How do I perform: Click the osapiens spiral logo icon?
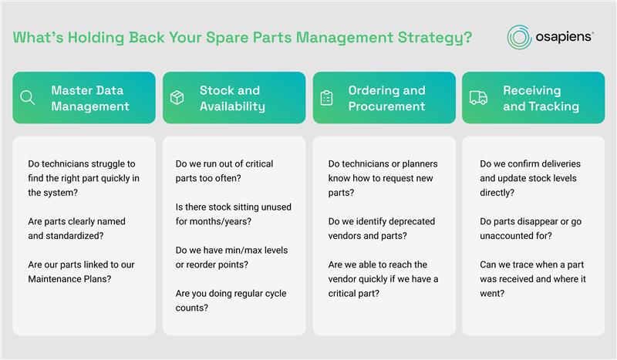click(x=519, y=37)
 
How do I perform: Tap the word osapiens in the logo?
click(x=565, y=37)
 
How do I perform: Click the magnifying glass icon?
click(x=28, y=98)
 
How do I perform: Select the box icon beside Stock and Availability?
click(x=177, y=98)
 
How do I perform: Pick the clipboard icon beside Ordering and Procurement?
click(x=326, y=98)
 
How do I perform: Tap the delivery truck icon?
click(x=478, y=98)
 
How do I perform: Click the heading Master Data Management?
click(x=90, y=99)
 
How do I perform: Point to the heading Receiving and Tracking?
click(x=541, y=99)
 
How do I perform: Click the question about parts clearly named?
click(x=76, y=229)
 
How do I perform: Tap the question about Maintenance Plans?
click(x=82, y=272)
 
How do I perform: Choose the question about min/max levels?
click(x=232, y=257)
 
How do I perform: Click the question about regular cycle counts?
click(x=231, y=301)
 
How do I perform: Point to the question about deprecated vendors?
click(x=382, y=229)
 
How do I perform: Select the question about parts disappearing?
click(x=531, y=229)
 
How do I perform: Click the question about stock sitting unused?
click(x=234, y=214)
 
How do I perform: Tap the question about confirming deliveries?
click(x=531, y=178)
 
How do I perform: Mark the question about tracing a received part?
click(x=533, y=279)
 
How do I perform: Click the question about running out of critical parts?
click(x=224, y=171)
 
